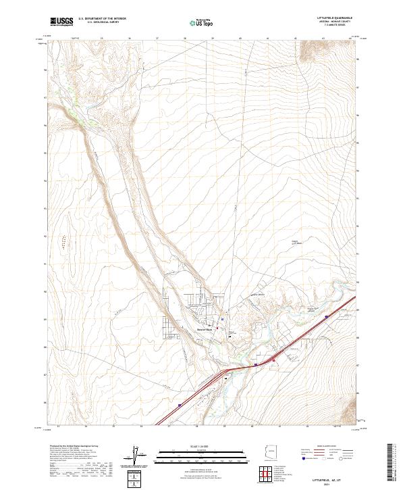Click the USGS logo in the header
pos(60,22)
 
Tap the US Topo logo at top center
pos(196,22)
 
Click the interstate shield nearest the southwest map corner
pos(180,406)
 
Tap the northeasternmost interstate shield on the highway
pos(326,315)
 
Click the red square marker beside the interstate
pos(273,360)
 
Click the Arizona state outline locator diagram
pos(270,452)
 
